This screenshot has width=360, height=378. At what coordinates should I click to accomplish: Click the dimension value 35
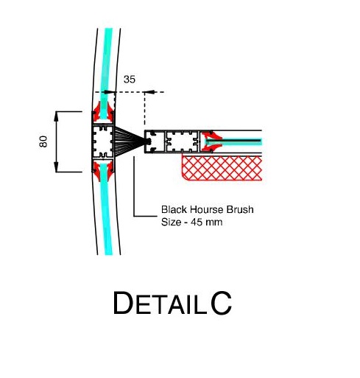(130, 80)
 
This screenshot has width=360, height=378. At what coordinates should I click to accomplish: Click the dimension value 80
(43, 141)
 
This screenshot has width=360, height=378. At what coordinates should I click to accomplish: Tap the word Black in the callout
(174, 209)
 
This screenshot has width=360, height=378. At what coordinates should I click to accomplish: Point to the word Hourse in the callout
(206, 209)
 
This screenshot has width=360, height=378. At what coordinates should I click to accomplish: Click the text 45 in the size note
(197, 223)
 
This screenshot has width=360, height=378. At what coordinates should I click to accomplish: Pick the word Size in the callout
(171, 223)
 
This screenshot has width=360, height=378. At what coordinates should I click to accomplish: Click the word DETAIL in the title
(160, 303)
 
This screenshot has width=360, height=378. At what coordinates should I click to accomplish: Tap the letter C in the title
(221, 303)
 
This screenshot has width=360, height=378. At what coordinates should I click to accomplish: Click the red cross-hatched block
(222, 168)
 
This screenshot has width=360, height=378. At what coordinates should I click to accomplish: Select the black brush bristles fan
(130, 141)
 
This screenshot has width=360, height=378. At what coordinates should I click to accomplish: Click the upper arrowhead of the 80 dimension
(56, 116)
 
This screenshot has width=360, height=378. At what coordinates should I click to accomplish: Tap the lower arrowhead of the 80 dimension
(56, 167)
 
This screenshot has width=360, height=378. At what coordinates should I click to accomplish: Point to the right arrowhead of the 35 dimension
(149, 92)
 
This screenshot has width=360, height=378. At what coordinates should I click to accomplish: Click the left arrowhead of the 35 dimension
(110, 92)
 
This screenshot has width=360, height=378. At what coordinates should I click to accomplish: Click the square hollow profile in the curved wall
(103, 141)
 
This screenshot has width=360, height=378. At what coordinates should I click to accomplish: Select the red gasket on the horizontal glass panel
(211, 141)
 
